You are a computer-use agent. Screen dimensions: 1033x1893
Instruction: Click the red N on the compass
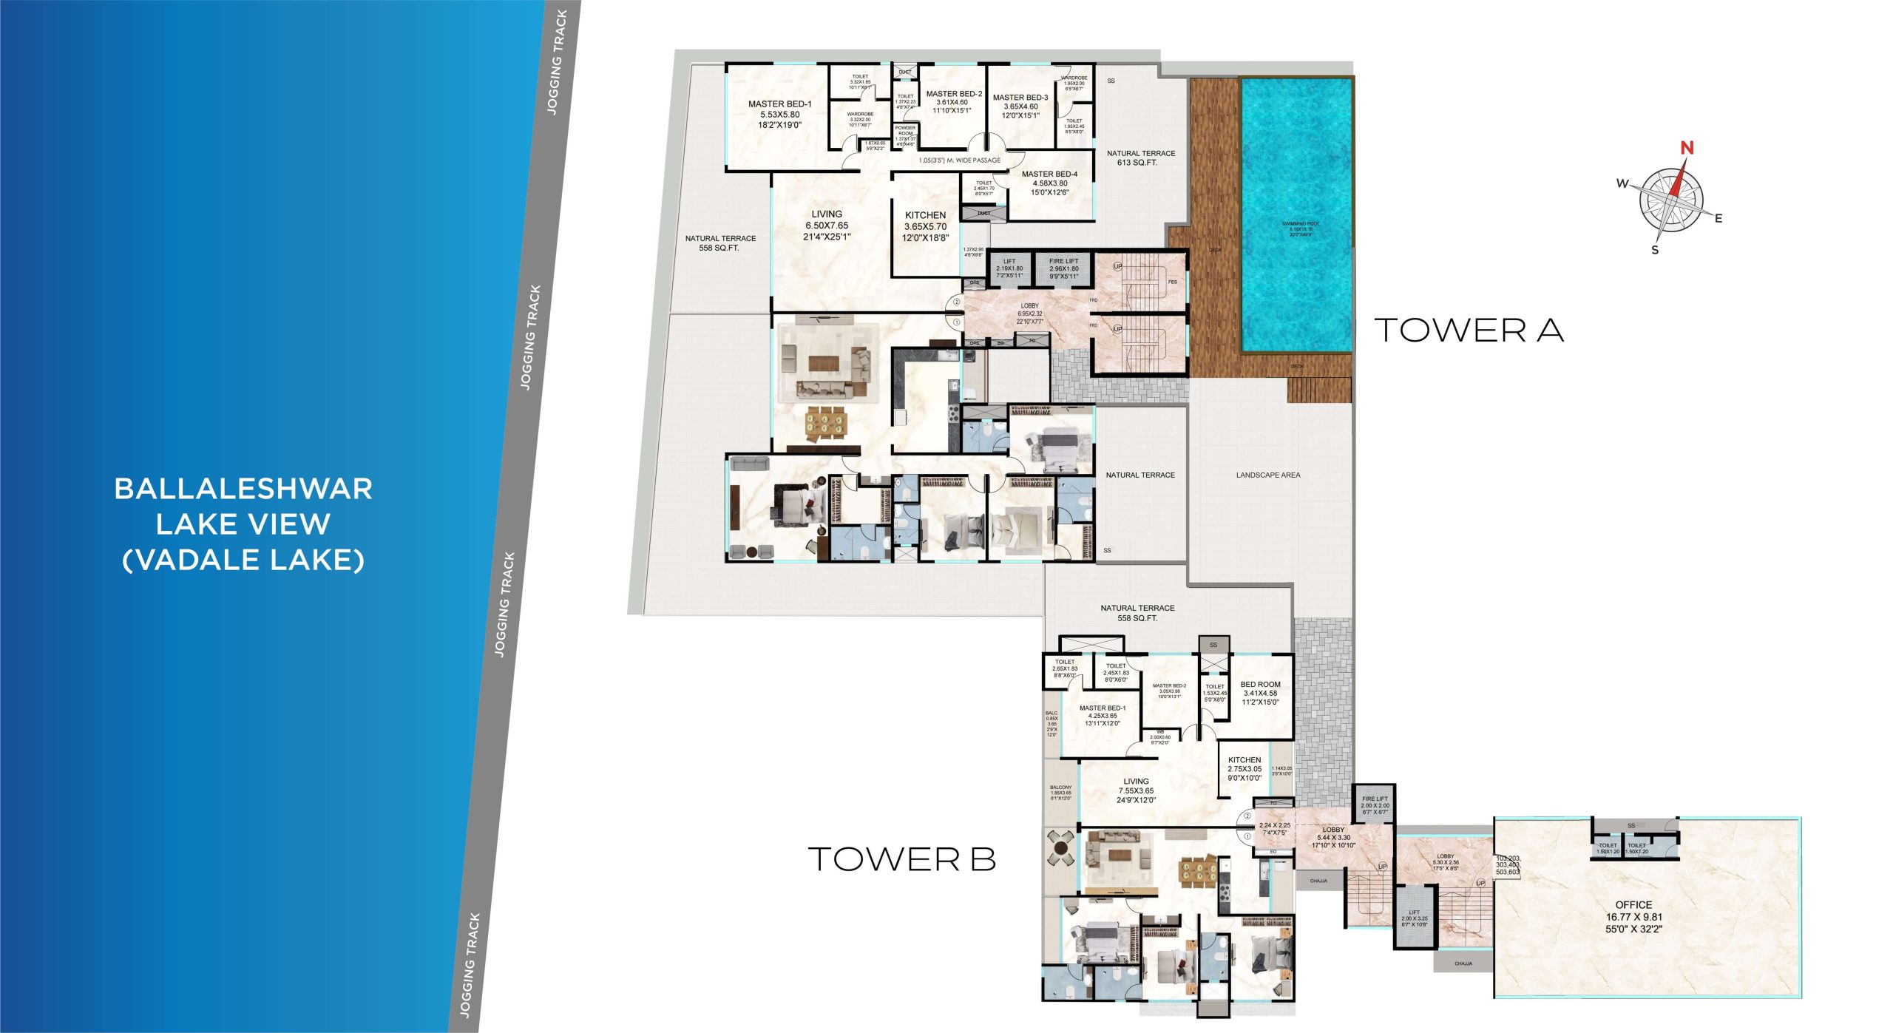[x=1687, y=148]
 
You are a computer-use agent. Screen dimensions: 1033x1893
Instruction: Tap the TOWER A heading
[x=1469, y=331]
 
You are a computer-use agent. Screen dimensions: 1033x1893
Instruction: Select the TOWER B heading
[x=901, y=859]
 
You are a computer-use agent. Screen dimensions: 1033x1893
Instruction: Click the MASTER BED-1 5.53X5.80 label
[x=779, y=115]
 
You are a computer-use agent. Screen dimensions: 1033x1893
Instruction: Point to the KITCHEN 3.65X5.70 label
[x=924, y=226]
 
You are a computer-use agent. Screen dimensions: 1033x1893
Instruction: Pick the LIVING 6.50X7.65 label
[x=827, y=225]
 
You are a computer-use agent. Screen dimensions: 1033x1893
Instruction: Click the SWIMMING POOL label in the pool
[x=1301, y=228]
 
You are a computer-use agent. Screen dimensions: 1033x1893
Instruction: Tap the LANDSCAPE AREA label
[x=1267, y=475]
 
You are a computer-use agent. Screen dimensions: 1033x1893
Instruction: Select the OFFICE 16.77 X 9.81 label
[x=1633, y=916]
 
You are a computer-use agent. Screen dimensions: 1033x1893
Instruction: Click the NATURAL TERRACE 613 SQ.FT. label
[x=1140, y=158]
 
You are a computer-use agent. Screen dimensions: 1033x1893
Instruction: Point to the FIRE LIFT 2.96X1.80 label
[x=1063, y=268]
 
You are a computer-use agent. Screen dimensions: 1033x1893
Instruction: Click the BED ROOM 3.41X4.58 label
[x=1260, y=693]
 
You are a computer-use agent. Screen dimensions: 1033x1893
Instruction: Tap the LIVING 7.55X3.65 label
[x=1136, y=790]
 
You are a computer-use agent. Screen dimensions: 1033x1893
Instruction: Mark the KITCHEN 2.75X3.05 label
[x=1244, y=768]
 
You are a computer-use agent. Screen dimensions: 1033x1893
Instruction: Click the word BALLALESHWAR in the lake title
[x=243, y=489]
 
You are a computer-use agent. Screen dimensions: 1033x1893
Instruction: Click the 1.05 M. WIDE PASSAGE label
[x=959, y=160]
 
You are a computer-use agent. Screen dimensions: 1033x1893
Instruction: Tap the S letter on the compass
[x=1655, y=250]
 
